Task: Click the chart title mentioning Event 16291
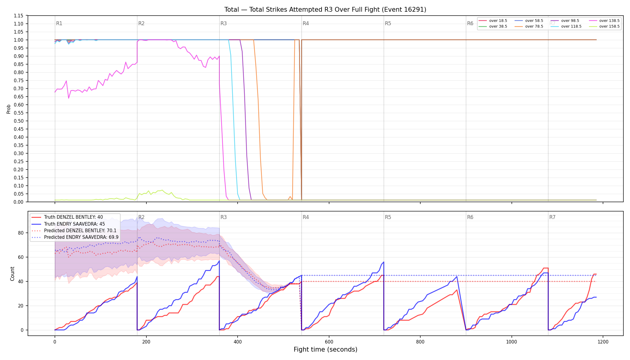pyautogui.click(x=325, y=10)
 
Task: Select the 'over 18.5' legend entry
pyautogui.click(x=493, y=21)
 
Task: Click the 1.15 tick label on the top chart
pyautogui.click(x=19, y=16)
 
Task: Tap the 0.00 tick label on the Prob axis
pyautogui.click(x=19, y=202)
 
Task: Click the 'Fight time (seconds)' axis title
pyautogui.click(x=325, y=349)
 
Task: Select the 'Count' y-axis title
pyautogui.click(x=12, y=274)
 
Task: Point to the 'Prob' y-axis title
pyautogui.click(x=9, y=109)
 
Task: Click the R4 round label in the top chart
pyautogui.click(x=306, y=23)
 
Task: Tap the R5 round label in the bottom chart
pyautogui.click(x=388, y=217)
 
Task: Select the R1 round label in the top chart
pyautogui.click(x=59, y=23)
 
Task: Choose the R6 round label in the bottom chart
pyautogui.click(x=470, y=217)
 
